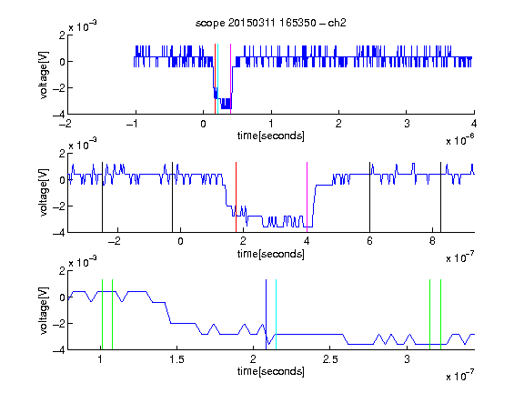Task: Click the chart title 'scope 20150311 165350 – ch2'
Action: (271, 23)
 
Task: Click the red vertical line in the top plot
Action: (216, 79)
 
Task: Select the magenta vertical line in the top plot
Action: (230, 79)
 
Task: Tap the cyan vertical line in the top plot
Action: (218, 79)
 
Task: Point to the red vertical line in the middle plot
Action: (236, 197)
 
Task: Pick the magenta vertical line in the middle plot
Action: (307, 197)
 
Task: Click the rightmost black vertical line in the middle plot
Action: (441, 197)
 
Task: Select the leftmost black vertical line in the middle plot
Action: (102, 197)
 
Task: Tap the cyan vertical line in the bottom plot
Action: (276, 315)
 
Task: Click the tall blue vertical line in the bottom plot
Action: (266, 315)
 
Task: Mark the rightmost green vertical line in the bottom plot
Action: (441, 315)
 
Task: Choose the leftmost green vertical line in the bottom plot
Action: (102, 315)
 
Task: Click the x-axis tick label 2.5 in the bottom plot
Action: (330, 359)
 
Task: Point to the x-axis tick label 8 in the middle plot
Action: (432, 241)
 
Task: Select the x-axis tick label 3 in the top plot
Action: (407, 124)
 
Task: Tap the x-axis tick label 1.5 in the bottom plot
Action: (176, 359)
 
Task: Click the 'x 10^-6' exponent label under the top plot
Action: (460, 139)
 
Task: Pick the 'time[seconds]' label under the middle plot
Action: (271, 254)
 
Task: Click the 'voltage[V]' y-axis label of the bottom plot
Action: (44, 310)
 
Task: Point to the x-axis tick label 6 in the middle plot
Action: (369, 241)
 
